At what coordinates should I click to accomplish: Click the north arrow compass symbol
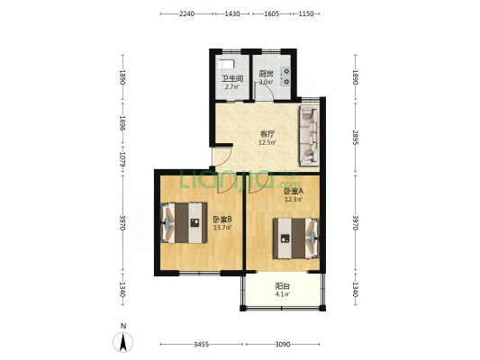[123, 342]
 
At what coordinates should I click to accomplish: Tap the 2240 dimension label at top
[186, 13]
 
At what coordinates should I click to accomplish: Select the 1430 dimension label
[232, 13]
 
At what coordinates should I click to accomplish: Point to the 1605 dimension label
[271, 13]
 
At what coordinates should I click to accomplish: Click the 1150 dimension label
[306, 13]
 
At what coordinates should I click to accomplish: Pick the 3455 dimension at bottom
[201, 345]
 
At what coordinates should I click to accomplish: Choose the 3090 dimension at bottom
[282, 345]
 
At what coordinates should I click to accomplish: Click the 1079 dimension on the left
[122, 159]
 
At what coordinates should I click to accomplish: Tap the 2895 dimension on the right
[355, 137]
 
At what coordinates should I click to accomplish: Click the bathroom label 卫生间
[232, 79]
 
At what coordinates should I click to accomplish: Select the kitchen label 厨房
[266, 74]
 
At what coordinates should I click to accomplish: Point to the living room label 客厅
[267, 134]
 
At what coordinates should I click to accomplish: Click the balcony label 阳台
[282, 286]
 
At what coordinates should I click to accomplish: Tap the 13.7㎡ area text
[222, 228]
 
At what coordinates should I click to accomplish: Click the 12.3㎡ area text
[294, 200]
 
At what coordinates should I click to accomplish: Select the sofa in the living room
[309, 135]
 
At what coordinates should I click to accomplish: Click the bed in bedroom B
[184, 222]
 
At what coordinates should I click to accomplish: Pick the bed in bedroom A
[296, 238]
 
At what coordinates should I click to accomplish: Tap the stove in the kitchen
[285, 76]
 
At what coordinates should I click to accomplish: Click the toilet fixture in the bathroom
[226, 65]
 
